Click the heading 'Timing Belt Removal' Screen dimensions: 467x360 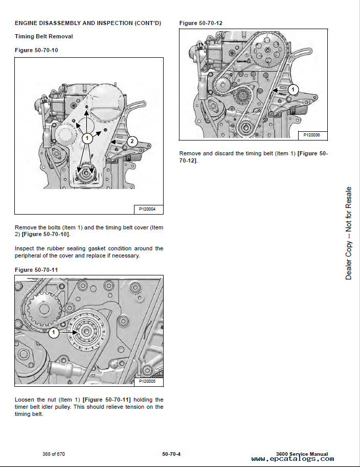pos(43,36)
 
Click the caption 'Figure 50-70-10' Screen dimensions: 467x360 pos(36,50)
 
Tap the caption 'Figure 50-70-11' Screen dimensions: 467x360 pos(36,269)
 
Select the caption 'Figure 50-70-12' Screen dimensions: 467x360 pos(201,23)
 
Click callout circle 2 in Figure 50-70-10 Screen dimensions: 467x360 pos(132,141)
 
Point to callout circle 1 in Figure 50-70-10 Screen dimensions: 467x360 pos(87,138)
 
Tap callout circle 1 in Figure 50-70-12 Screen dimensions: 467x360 pos(292,90)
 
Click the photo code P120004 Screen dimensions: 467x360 pos(148,209)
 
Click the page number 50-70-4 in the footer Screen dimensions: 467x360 pos(171,454)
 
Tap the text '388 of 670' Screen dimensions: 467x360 pos(54,454)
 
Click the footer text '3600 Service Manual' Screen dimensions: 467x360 pos(301,454)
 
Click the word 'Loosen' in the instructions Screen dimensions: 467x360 pos(25,400)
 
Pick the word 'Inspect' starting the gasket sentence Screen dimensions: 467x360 pos(26,248)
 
